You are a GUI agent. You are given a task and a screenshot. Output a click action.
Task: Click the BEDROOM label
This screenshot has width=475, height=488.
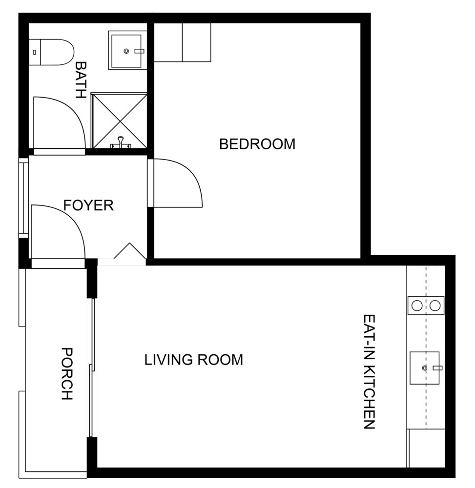(x=257, y=144)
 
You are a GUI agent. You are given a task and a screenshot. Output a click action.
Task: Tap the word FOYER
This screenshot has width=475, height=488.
(x=88, y=205)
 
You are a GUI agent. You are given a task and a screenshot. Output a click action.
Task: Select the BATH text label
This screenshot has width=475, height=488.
(x=81, y=80)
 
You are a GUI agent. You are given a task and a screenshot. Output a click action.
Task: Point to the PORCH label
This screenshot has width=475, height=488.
(x=67, y=373)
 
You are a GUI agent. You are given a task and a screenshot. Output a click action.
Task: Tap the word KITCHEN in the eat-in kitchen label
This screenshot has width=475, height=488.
(x=369, y=396)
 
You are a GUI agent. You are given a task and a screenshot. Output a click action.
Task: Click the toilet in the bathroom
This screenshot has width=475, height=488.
(x=52, y=52)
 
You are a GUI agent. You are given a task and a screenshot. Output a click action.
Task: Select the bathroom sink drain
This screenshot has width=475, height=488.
(x=126, y=51)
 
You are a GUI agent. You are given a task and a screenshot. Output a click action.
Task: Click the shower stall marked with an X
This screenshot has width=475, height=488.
(x=120, y=121)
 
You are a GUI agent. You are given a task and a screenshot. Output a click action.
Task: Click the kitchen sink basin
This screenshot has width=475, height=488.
(x=425, y=368)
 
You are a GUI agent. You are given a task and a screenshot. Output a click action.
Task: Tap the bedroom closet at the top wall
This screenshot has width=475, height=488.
(x=183, y=42)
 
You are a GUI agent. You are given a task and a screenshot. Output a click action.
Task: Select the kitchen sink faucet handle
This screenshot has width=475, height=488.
(x=437, y=368)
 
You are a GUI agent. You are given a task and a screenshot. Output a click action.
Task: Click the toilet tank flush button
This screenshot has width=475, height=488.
(x=35, y=52)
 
